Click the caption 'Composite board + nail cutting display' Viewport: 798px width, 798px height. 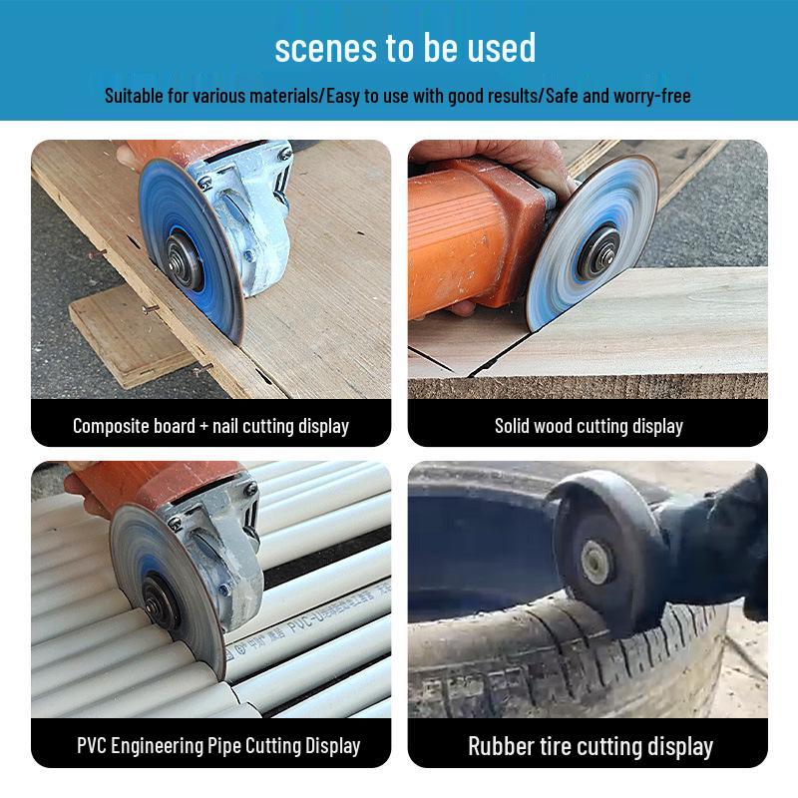tap(210, 426)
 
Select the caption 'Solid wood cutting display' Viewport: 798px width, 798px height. tap(589, 426)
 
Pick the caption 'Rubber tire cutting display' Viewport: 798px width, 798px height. tap(591, 746)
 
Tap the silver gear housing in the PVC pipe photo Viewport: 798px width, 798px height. tap(214, 544)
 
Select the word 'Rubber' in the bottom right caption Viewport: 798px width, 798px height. tap(501, 746)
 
